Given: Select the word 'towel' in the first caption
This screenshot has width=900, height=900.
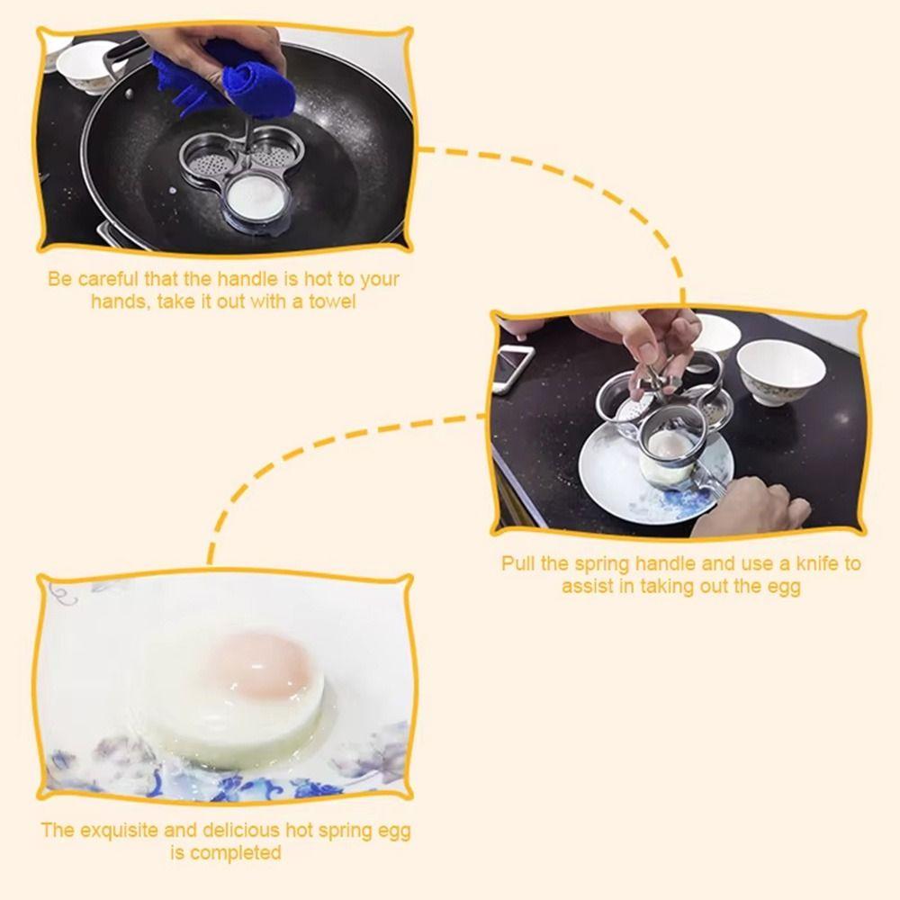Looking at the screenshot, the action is [x=332, y=301].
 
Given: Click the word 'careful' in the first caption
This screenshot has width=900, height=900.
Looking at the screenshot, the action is [x=109, y=279].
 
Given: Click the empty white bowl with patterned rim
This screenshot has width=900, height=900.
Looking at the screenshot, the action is [x=780, y=372].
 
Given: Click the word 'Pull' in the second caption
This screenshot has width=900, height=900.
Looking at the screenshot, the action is [x=518, y=563].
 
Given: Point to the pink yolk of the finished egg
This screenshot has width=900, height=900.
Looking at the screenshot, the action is [x=259, y=664].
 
